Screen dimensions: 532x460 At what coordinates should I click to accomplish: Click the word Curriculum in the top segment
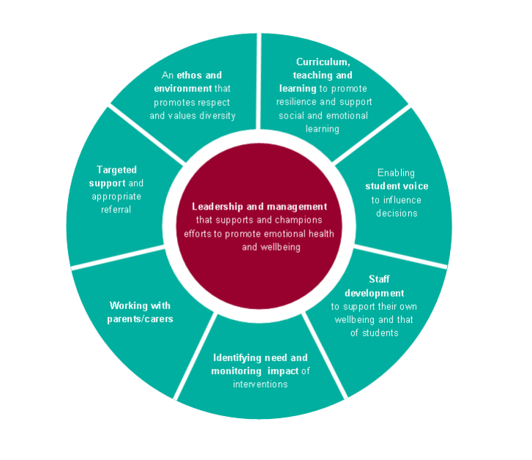pos(323,62)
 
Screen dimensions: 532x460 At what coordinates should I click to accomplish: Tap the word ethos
pos(190,75)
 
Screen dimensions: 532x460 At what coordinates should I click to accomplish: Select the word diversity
pos(217,116)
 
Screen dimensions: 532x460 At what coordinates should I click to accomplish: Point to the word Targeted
pos(116,170)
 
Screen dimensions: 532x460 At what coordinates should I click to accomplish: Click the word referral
pos(116,209)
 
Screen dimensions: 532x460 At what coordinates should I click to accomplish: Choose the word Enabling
pos(396,173)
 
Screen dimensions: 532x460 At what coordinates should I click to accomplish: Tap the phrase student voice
pos(397,186)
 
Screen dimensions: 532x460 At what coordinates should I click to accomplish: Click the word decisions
pos(397,213)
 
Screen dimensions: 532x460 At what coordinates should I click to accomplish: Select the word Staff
pos(379,279)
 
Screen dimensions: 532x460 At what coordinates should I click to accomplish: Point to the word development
pos(374,293)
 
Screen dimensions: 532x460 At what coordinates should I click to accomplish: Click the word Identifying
pos(237,357)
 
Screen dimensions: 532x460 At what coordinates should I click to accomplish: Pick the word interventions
pos(261,385)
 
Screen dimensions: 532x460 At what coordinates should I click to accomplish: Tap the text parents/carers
pos(140,319)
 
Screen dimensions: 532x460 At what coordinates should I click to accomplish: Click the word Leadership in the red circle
pos(217,207)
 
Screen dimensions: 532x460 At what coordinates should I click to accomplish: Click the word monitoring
pos(236,371)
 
